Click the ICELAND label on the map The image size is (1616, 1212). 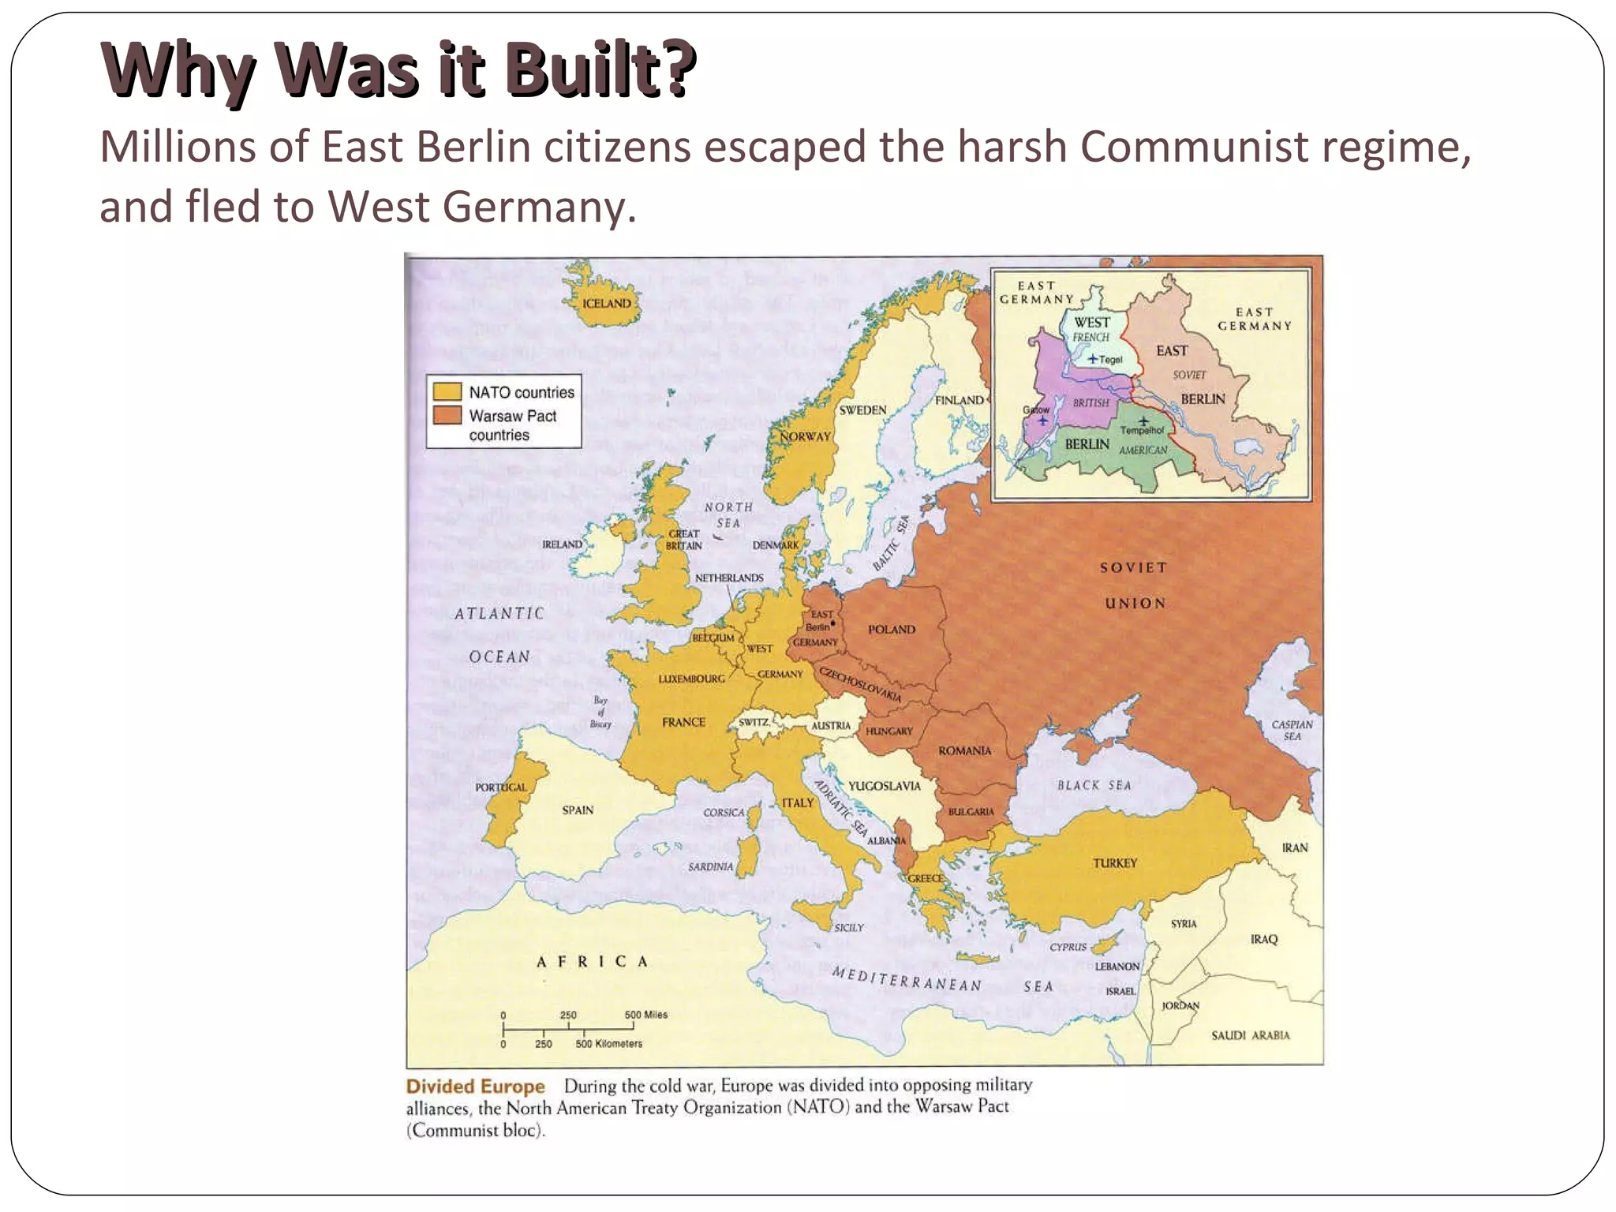click(606, 304)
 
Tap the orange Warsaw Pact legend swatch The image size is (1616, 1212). click(447, 415)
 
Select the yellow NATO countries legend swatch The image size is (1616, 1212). click(447, 391)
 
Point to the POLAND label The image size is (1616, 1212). click(892, 630)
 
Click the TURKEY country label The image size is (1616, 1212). click(1114, 863)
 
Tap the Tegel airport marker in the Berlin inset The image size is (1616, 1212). click(1093, 359)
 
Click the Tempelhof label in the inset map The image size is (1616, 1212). click(1142, 431)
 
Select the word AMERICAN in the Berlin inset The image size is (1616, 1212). click(1143, 450)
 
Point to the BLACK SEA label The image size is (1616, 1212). click(1094, 785)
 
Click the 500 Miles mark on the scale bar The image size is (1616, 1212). click(645, 1016)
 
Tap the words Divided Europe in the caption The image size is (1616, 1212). click(475, 1087)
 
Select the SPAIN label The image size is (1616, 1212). click(578, 810)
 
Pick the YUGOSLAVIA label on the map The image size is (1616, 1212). click(884, 786)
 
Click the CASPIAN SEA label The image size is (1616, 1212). click(1292, 731)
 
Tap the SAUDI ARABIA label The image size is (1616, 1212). click(1250, 1035)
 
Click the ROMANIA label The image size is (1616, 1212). click(964, 750)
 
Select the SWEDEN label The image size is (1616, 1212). click(862, 410)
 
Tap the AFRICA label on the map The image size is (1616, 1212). click(592, 961)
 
